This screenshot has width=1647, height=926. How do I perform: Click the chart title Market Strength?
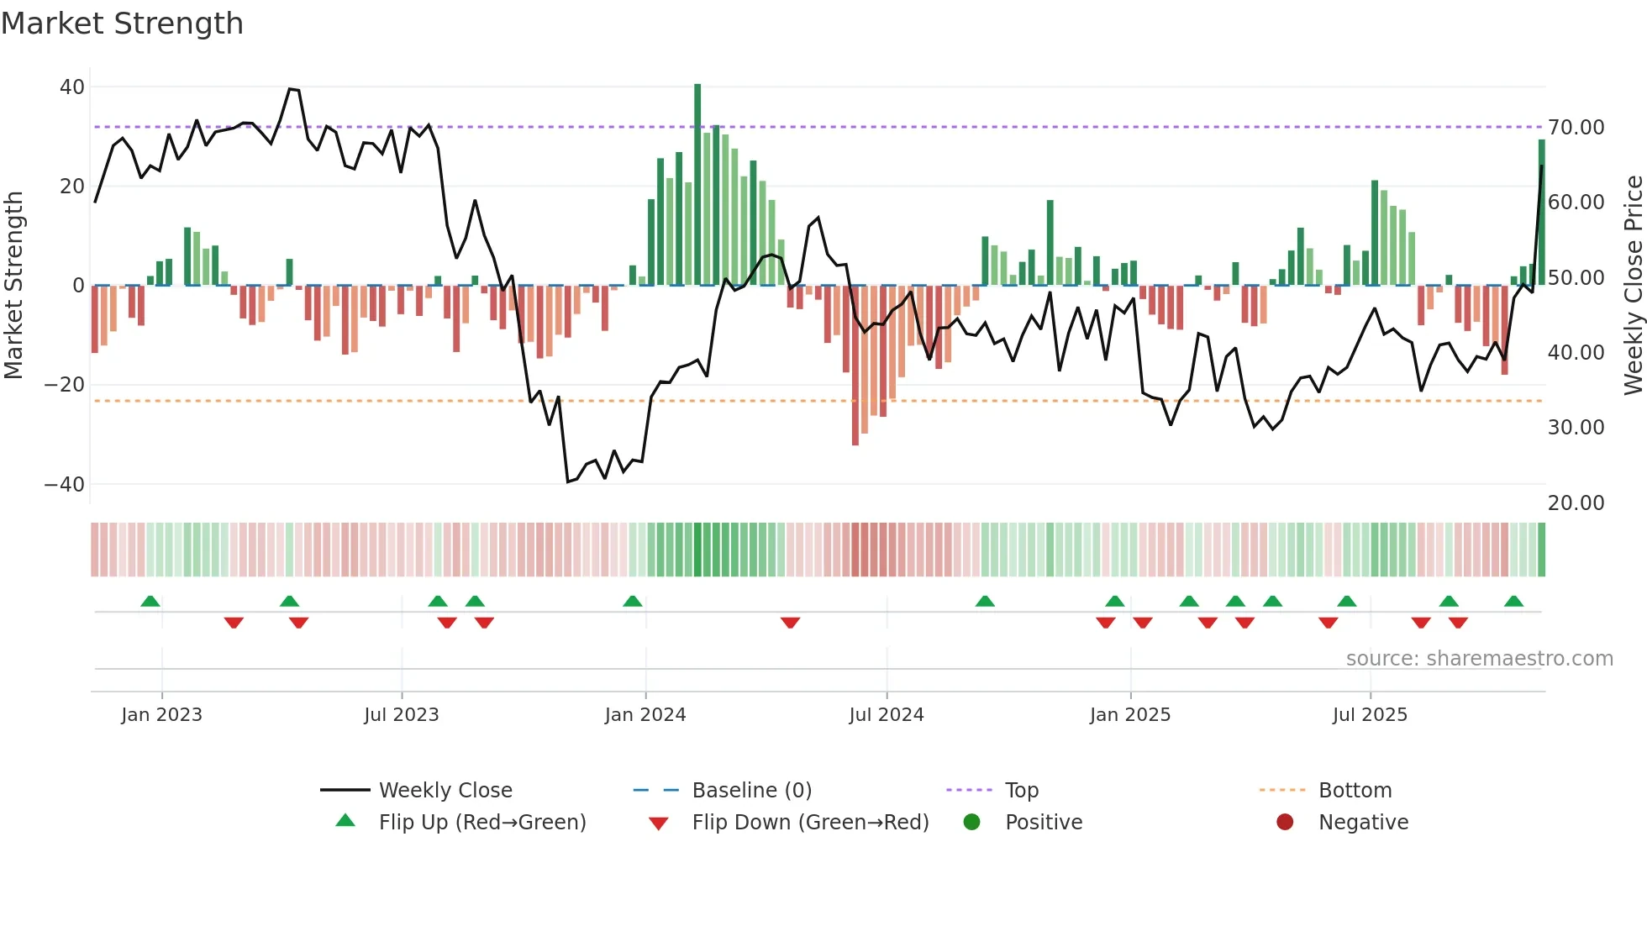(x=122, y=24)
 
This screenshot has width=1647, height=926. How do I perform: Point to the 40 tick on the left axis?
(x=72, y=87)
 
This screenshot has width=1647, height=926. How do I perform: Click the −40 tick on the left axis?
(x=65, y=484)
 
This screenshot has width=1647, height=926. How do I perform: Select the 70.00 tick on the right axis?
(x=1576, y=128)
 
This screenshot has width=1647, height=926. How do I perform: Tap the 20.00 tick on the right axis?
(x=1576, y=502)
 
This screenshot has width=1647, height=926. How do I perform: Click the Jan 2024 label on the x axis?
(x=645, y=715)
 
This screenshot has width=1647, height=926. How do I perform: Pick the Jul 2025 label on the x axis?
(x=1369, y=715)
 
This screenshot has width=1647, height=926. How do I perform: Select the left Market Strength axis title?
(x=13, y=286)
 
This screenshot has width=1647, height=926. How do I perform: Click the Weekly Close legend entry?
(x=445, y=791)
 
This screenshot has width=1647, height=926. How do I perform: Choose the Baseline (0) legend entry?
(x=751, y=791)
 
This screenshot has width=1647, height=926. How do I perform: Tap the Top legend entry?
(x=1021, y=791)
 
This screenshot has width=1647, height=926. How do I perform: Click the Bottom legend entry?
(x=1355, y=791)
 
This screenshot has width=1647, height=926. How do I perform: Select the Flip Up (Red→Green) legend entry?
(x=481, y=823)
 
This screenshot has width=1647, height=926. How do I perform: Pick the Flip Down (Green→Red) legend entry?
(x=810, y=823)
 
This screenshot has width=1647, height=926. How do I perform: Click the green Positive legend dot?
(x=971, y=823)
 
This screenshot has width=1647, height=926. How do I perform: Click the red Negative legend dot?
(x=1284, y=823)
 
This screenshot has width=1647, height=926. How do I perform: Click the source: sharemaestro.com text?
(x=1479, y=659)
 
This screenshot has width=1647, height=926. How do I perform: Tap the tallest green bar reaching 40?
(x=697, y=185)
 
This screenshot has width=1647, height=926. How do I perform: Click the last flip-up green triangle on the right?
(x=1513, y=602)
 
